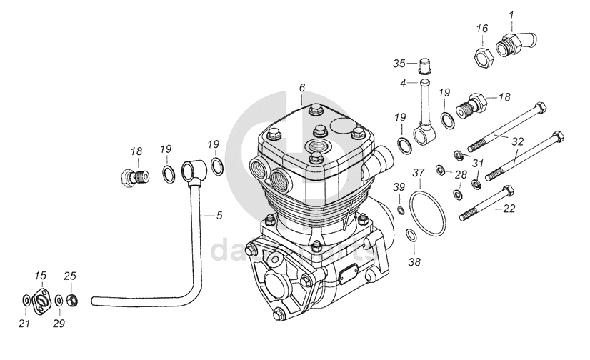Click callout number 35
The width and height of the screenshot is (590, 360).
pos(399,64)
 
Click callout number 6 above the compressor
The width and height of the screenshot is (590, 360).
pos(302,87)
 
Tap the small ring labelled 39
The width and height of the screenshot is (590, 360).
pos(401,210)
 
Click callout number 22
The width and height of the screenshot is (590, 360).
pos(509,209)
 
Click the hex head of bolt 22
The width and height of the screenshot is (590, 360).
pos(508,191)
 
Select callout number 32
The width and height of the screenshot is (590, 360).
pos(519,141)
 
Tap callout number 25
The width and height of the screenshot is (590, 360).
pos(70,276)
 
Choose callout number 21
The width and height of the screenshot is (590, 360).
pos(24,324)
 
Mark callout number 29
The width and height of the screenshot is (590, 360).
pos(58,324)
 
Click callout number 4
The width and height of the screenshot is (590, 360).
pos(403,84)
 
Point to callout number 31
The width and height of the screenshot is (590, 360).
pos(477,163)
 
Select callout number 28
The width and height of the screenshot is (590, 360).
pos(461,175)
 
